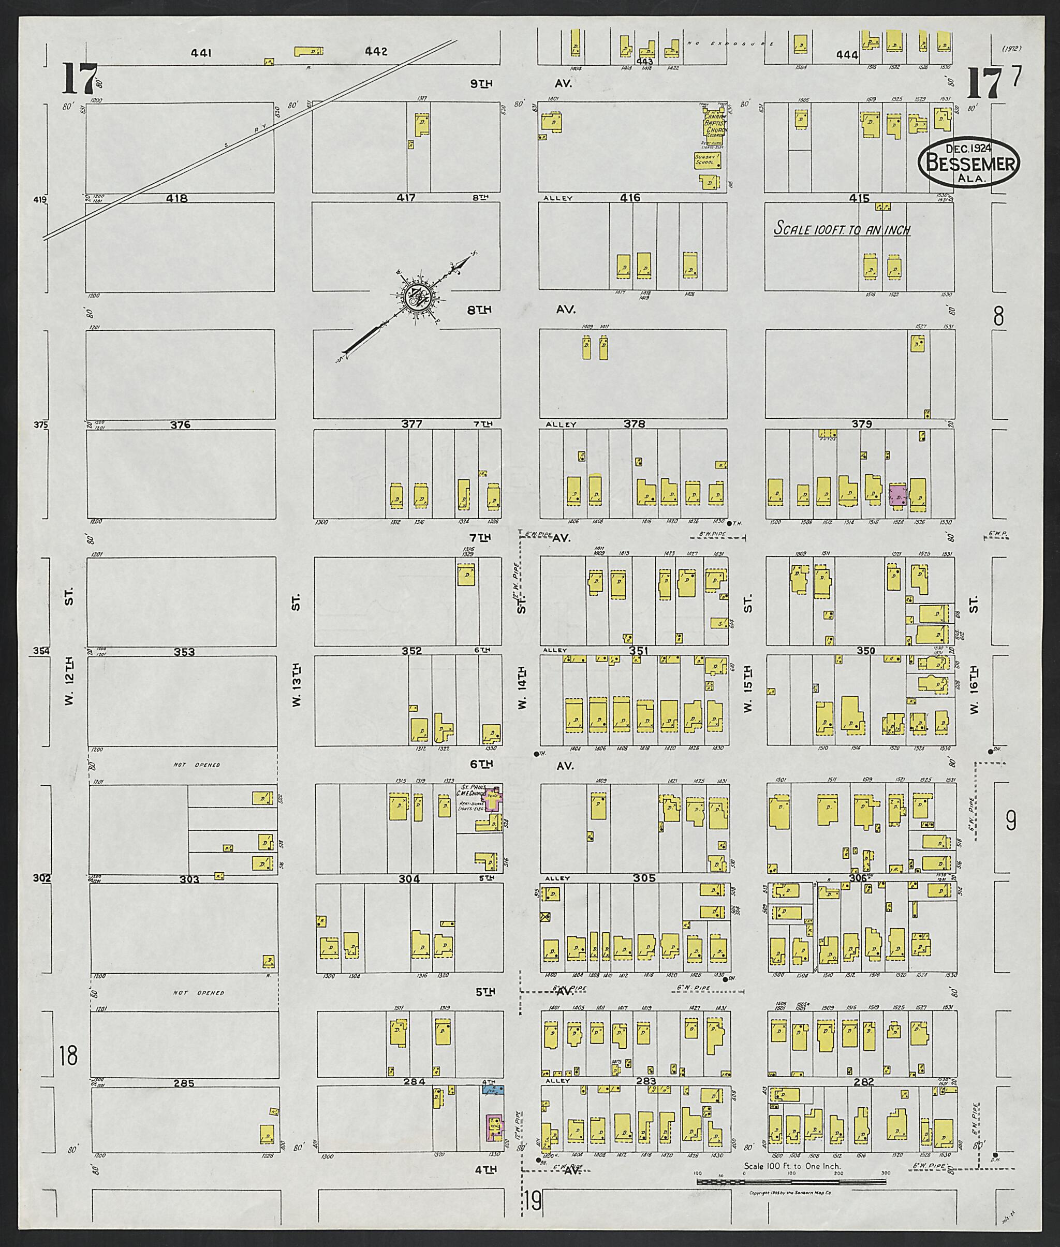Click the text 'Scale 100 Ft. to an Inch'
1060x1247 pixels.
point(841,229)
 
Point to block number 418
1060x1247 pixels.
point(177,198)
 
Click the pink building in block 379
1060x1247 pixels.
point(898,496)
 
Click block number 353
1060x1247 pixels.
point(184,651)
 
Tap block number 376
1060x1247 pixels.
point(180,424)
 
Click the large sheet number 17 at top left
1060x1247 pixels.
point(79,79)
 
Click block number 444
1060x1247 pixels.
point(847,55)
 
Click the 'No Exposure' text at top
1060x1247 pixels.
point(720,44)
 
